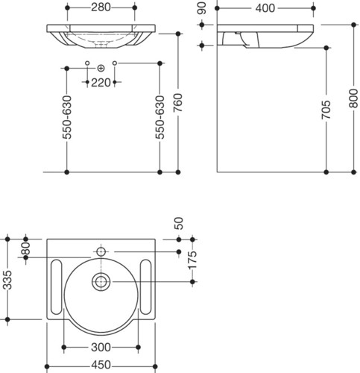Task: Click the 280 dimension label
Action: click(101, 7)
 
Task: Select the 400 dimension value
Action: click(265, 8)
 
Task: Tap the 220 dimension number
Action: click(101, 83)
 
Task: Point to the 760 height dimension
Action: click(178, 102)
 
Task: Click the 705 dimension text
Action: click(326, 110)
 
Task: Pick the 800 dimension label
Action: click(353, 98)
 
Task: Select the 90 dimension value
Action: click(202, 8)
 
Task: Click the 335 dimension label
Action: click(7, 280)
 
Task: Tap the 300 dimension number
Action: click(101, 348)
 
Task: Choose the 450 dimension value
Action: click(101, 365)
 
